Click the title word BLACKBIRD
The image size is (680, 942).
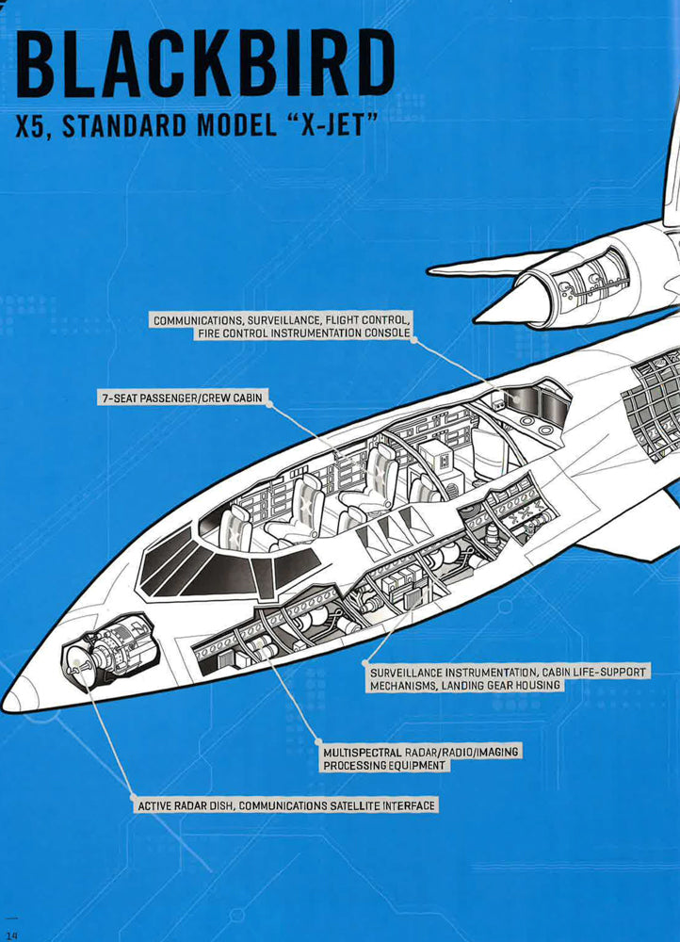click(205, 65)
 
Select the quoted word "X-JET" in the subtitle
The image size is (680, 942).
click(328, 126)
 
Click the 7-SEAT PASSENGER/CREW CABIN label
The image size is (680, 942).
click(182, 398)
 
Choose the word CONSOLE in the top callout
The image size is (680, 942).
click(387, 334)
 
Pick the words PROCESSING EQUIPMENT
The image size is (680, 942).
click(384, 766)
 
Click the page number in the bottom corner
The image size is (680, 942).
click(10, 933)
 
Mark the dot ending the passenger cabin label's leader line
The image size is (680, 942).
click(269, 399)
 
